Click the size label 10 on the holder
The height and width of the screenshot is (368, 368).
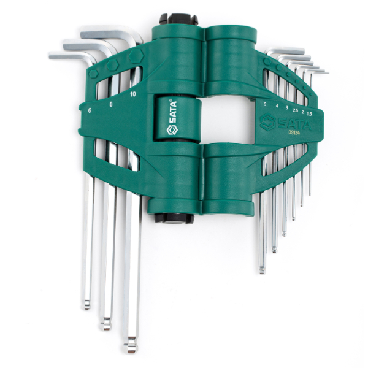(x=133, y=94)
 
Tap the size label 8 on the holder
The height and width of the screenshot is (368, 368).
(x=111, y=104)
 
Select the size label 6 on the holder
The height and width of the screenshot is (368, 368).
(x=90, y=110)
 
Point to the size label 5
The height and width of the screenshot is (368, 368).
(x=265, y=104)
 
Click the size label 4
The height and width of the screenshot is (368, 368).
(x=277, y=106)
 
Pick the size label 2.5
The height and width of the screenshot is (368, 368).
(x=296, y=110)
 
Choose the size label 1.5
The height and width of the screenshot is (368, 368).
(x=309, y=114)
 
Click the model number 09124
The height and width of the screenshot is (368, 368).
(x=294, y=132)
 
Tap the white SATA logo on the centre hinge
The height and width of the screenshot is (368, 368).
(x=172, y=118)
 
